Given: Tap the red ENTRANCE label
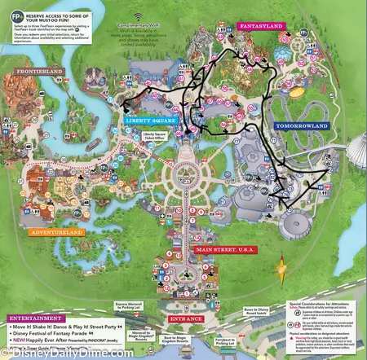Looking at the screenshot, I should (187, 319).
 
